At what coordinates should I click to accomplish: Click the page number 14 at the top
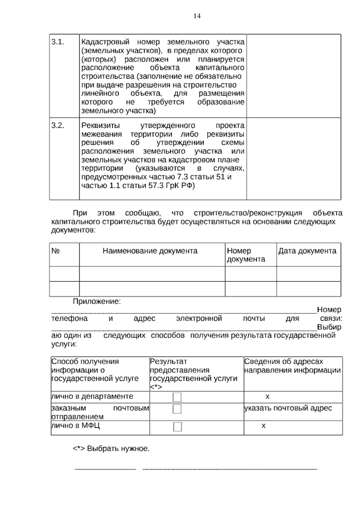click(197, 16)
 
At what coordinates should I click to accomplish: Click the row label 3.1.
click(58, 42)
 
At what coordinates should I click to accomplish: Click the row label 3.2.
click(58, 125)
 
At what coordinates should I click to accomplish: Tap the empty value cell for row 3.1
click(293, 76)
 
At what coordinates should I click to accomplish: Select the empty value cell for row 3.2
click(293, 158)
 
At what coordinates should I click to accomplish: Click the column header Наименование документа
click(150, 251)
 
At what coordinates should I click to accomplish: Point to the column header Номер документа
click(246, 255)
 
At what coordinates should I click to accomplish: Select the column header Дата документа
click(307, 251)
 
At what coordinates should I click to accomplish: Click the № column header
click(55, 251)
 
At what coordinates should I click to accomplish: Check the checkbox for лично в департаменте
click(177, 397)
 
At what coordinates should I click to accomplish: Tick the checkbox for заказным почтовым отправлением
click(177, 409)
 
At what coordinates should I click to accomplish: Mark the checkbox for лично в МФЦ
click(177, 426)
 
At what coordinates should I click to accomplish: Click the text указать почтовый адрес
click(288, 408)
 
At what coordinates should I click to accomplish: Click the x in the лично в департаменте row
click(267, 397)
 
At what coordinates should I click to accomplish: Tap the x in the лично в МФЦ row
click(263, 426)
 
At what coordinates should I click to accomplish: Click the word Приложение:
click(97, 301)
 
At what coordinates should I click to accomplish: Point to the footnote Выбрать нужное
click(111, 449)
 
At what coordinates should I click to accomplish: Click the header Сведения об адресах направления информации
click(292, 366)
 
